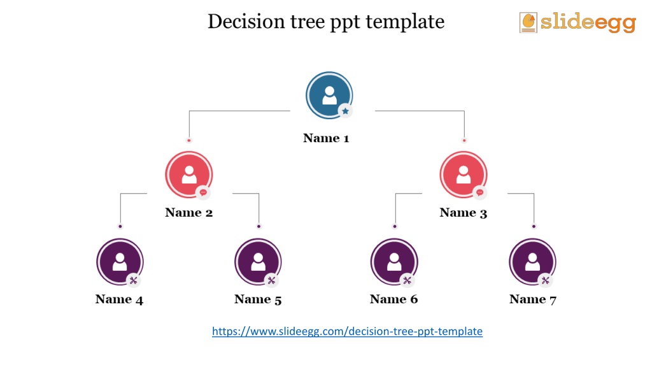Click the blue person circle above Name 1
[329, 96]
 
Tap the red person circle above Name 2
[188, 175]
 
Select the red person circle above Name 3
[464, 175]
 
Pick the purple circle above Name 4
[120, 262]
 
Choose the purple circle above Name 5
[258, 262]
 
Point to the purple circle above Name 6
[394, 262]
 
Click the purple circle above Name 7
[532, 262]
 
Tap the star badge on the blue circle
[345, 111]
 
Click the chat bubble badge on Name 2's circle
[203, 192]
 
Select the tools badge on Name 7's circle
[545, 280]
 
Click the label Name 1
[326, 138]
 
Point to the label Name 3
[464, 213]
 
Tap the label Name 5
[258, 299]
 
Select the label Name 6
[393, 299]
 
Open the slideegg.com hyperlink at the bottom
[347, 331]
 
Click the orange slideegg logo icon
[528, 22]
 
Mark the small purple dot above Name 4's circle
[120, 226]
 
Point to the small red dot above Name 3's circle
[464, 140]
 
